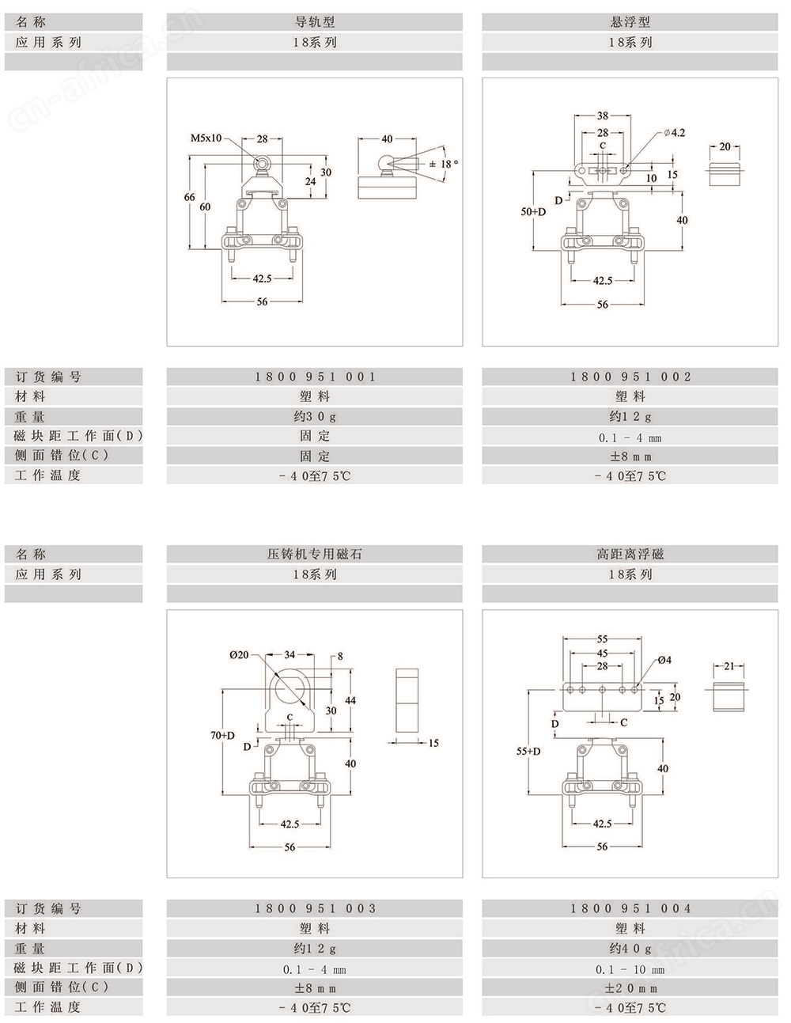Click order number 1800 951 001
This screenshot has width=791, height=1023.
point(315,377)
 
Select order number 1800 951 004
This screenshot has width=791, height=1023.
point(630,908)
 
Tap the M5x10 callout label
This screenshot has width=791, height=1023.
point(206,138)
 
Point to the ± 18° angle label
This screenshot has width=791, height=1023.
point(443,165)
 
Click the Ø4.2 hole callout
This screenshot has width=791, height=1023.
point(674,133)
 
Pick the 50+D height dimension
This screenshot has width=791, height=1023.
point(533,212)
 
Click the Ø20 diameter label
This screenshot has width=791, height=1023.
point(239,655)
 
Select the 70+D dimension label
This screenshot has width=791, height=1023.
point(222,735)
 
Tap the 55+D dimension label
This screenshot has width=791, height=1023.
point(528,752)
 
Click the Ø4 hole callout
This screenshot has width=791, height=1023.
point(664,660)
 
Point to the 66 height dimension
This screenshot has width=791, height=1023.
point(189,197)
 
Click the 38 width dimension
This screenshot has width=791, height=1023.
point(602,116)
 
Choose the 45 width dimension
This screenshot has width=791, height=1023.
point(602,654)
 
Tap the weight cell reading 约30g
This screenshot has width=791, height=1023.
point(315,417)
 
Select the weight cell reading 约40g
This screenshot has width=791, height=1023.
point(630,949)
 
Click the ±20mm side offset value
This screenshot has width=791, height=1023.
point(630,988)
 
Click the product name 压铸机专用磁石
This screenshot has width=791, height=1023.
point(315,554)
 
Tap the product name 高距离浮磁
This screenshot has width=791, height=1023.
point(630,554)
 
